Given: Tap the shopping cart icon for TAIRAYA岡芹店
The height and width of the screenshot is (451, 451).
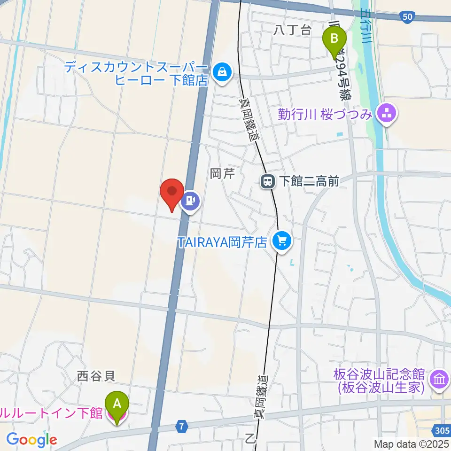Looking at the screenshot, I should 281,242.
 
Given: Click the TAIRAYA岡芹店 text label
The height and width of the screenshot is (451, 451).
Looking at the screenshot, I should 222,242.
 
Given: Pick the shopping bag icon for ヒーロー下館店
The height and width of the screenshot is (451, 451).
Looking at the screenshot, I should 220,72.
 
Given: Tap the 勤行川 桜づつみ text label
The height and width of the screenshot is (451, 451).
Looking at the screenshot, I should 325,114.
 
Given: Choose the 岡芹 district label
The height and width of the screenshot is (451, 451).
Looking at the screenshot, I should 222,174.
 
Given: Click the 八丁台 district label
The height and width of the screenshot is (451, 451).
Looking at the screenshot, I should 292,31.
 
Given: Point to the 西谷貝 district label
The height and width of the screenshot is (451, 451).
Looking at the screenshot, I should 96,375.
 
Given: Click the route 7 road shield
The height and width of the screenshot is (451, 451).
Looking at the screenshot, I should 183,427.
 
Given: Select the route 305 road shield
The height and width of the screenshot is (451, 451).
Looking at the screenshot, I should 440,430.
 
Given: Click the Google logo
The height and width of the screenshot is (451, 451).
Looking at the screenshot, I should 31,440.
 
